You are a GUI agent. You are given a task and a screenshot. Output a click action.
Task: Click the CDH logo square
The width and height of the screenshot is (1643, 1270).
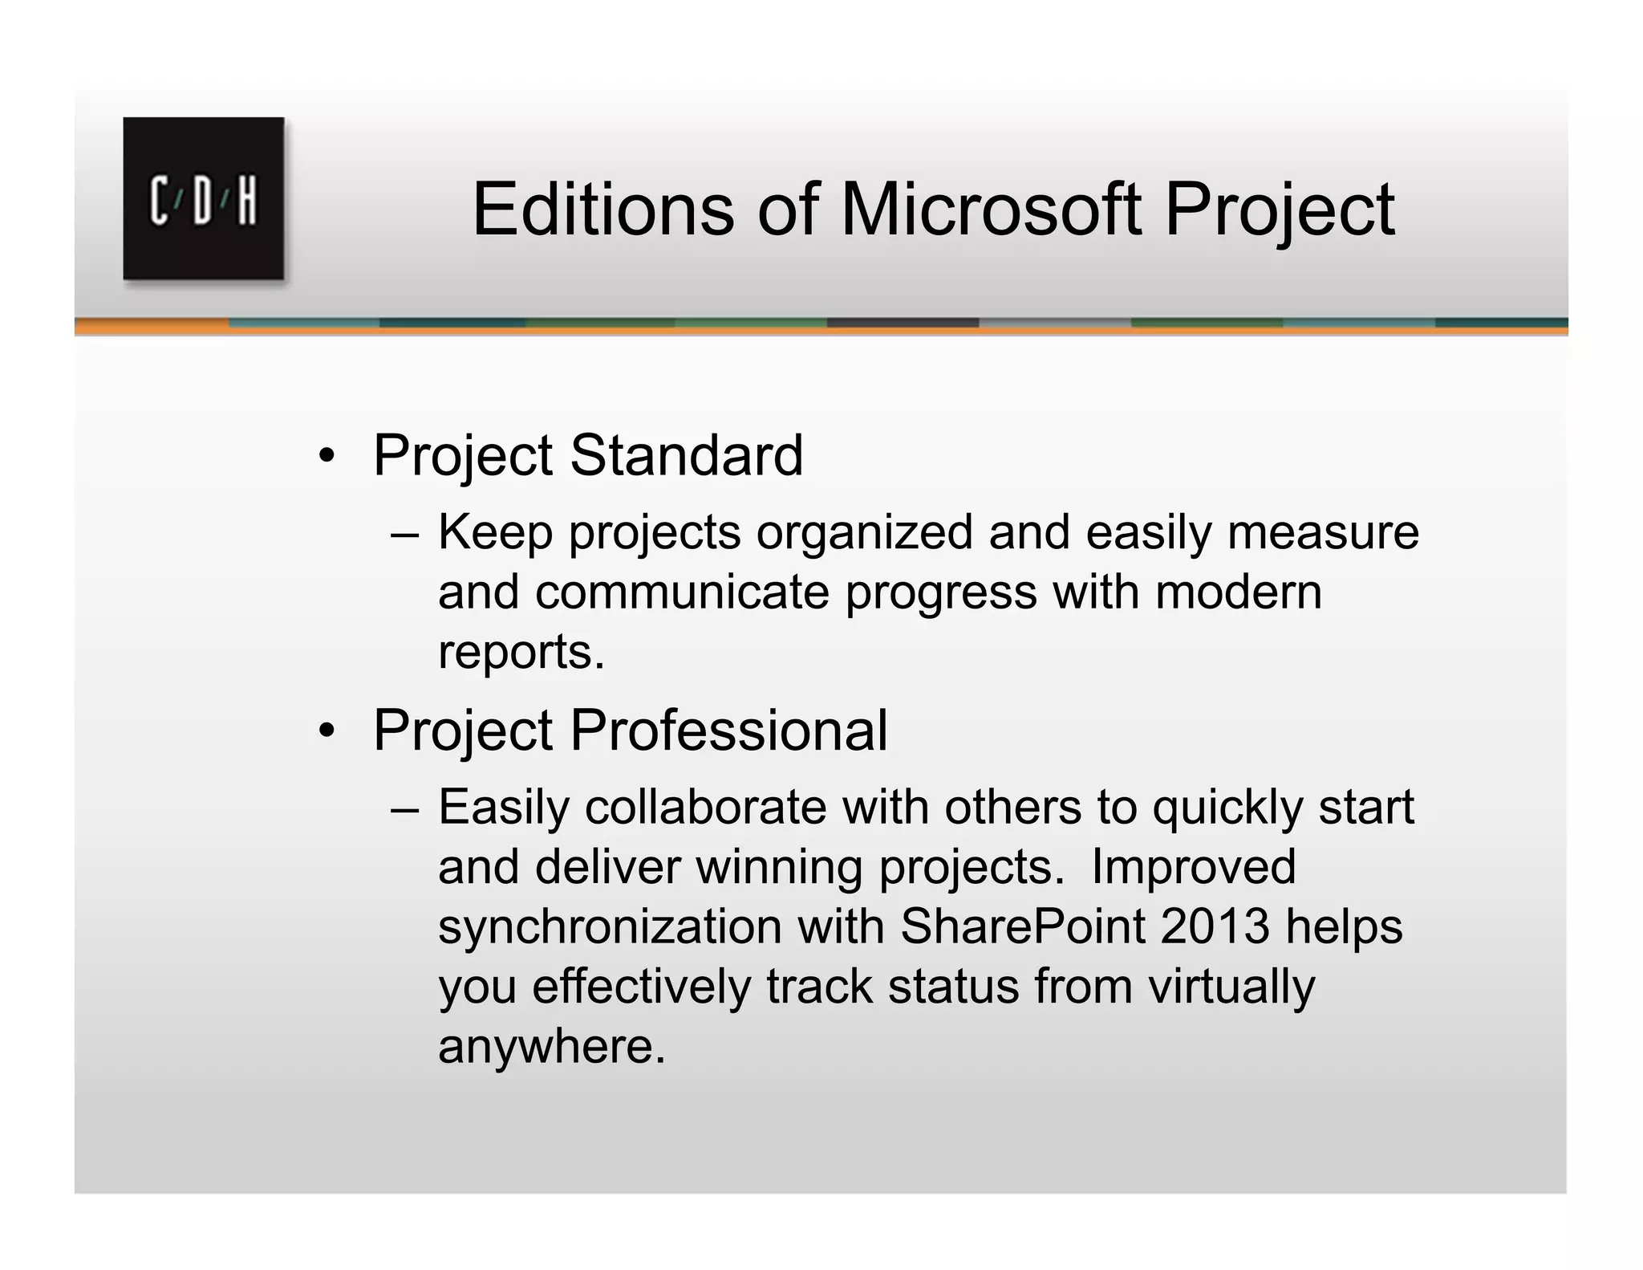tap(203, 198)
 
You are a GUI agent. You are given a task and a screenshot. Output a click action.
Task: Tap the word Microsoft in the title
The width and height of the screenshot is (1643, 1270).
tap(990, 210)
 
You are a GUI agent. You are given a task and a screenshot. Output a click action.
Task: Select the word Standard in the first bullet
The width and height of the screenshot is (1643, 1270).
tap(686, 455)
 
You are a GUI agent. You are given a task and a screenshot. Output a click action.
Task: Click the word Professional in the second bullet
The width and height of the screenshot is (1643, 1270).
tap(728, 730)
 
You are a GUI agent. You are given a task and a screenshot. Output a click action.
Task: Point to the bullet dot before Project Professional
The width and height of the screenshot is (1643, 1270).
tap(326, 731)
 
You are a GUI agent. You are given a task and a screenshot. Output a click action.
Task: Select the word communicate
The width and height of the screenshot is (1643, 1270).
tap(682, 592)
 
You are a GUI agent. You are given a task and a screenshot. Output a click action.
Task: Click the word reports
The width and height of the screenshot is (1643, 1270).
tap(521, 652)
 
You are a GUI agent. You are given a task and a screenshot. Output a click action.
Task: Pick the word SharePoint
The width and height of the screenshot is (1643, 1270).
tap(1022, 926)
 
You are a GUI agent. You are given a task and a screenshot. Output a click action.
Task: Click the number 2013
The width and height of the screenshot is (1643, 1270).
tap(1214, 926)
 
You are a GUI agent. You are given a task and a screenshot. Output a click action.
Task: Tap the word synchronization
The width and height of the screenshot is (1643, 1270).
tap(610, 926)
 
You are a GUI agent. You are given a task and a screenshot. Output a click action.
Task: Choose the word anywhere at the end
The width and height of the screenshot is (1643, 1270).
tap(551, 1046)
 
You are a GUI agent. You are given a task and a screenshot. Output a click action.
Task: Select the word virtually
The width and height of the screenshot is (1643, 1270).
tap(1231, 987)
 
